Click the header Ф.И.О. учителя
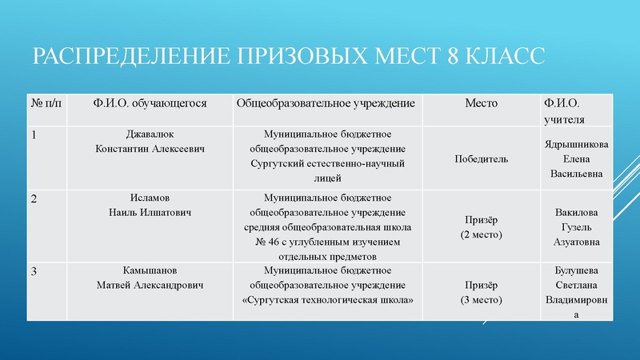coord(562,111)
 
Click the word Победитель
coord(481,158)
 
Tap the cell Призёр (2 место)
coord(481,227)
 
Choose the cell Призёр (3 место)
coord(481,292)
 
